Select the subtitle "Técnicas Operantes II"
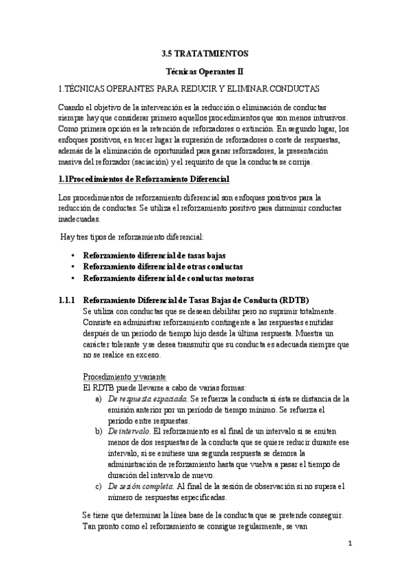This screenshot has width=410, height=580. (205, 70)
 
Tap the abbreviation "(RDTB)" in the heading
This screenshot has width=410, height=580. (294, 300)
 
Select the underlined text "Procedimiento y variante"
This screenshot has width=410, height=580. (124, 376)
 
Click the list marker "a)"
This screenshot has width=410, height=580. (99, 398)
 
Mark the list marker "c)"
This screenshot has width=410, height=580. (99, 486)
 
